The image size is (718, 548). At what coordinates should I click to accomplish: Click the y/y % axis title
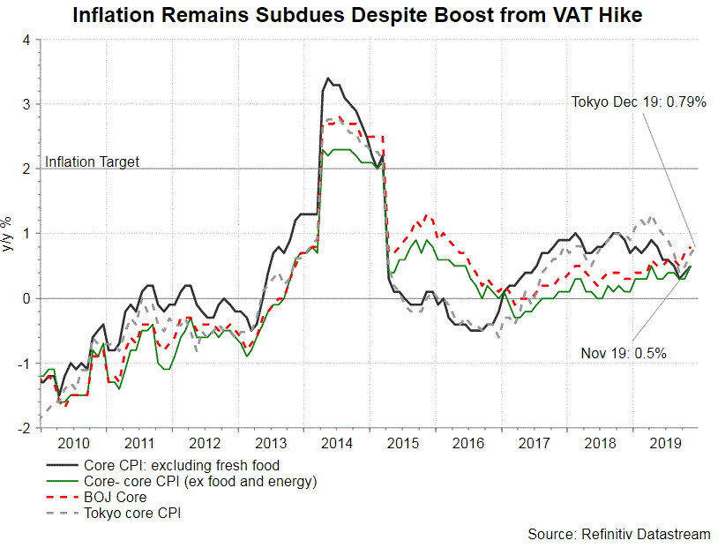8,235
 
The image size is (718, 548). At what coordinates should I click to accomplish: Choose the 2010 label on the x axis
72,444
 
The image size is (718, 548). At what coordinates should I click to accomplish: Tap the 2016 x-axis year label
469,444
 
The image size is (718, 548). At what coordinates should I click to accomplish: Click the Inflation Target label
92,161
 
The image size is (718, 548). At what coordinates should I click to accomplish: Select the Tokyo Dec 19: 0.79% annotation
639,102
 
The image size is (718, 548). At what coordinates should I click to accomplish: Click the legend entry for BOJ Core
115,498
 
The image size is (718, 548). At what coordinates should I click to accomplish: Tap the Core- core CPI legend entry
199,482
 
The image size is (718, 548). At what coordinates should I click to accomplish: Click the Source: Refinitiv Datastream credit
619,535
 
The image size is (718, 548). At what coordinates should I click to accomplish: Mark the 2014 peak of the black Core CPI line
328,79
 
